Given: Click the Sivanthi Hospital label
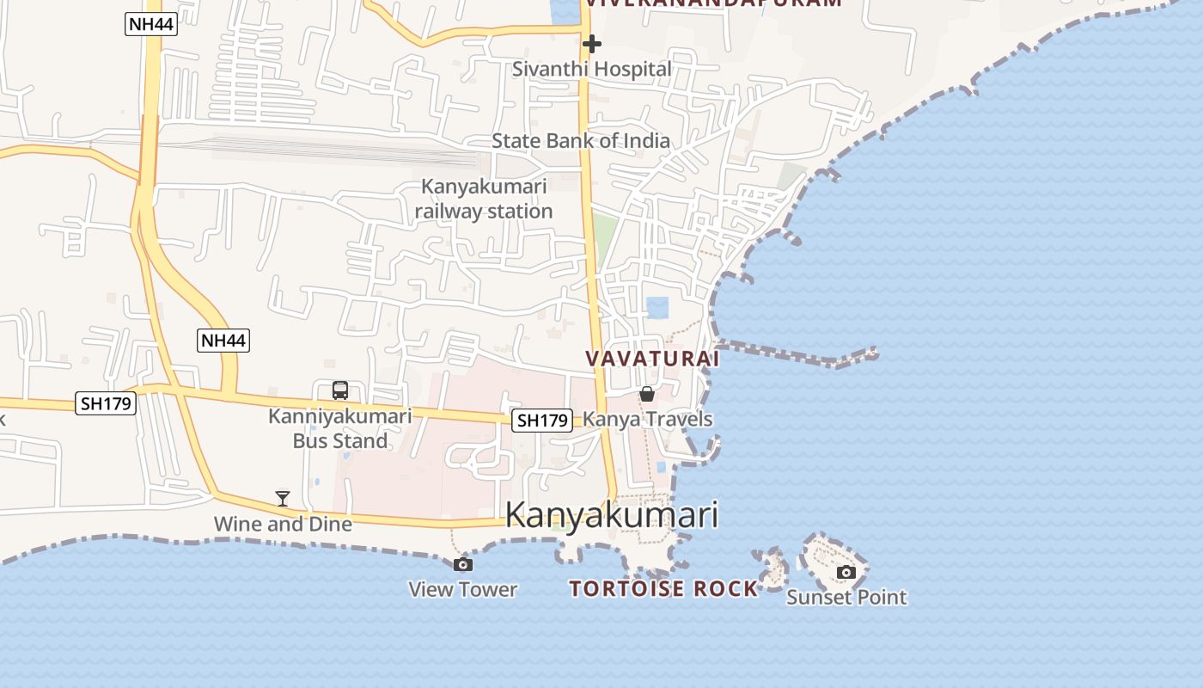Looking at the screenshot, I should [591, 69].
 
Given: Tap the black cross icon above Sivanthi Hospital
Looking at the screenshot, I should [591, 43].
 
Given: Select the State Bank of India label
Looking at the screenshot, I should [580, 140].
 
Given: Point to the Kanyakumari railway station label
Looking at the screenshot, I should [484, 199].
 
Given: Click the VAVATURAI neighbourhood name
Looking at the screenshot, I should [652, 359].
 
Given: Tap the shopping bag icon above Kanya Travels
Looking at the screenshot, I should [646, 394].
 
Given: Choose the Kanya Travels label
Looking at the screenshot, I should [648, 419].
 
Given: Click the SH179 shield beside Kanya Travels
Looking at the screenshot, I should [542, 421].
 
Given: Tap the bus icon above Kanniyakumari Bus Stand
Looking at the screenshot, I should [340, 390].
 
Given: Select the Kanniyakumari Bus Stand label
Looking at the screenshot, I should [340, 428].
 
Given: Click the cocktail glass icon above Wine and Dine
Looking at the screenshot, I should [282, 498].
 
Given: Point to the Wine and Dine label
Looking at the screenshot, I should [283, 524].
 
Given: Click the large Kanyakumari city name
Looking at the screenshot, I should [611, 515].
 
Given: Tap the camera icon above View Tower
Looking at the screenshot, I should [463, 564].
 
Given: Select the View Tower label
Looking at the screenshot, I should [463, 589].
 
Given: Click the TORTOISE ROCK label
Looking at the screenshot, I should [664, 589].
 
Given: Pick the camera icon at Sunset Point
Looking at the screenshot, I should [846, 572].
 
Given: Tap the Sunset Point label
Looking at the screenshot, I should [846, 597].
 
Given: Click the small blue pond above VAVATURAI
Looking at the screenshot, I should [657, 307].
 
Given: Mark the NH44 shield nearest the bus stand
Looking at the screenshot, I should [223, 341].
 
